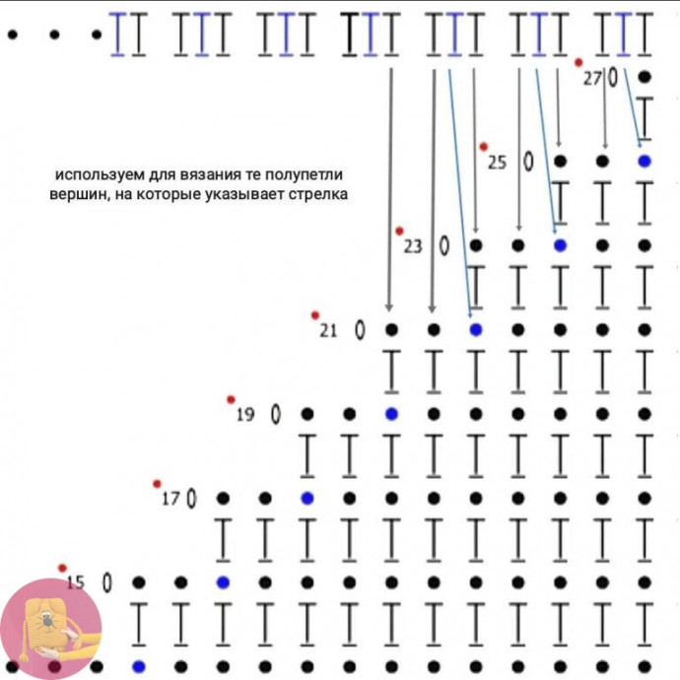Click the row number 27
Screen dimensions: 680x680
pos(591,79)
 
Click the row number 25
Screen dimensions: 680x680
pos(497,163)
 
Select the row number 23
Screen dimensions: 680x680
pos(412,246)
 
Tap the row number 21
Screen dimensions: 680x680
pos(328,331)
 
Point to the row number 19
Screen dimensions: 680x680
pos(245,415)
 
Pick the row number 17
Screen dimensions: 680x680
pos(170,500)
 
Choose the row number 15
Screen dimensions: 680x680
pos(76,583)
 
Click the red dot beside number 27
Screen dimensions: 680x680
pos(578,62)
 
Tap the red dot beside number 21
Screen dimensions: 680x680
pos(315,315)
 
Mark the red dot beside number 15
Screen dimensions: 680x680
pos(62,568)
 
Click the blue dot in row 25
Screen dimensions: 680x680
pos(645,161)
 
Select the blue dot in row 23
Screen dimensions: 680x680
pos(560,244)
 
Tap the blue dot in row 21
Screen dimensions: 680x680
pos(475,329)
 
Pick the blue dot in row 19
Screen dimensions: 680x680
pos(391,414)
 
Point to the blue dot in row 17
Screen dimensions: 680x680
pos(306,498)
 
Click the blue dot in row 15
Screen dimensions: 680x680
pos(223,582)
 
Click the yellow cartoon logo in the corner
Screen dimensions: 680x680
pos(49,631)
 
